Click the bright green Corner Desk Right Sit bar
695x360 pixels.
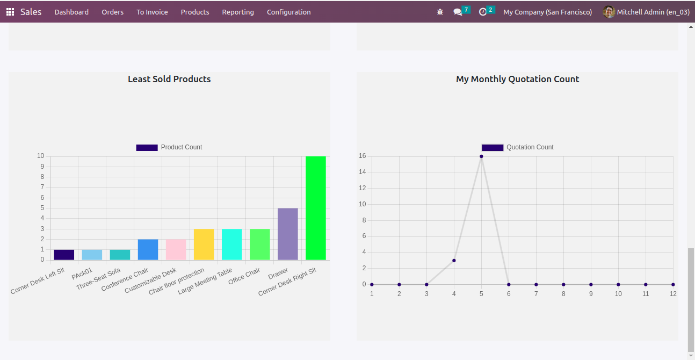(x=316, y=208)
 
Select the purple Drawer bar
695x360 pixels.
(x=288, y=234)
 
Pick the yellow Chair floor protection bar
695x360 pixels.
(x=204, y=244)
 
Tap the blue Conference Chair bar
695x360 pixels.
(x=148, y=249)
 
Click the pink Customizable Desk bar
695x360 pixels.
(x=176, y=249)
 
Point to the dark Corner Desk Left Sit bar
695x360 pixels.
(x=64, y=255)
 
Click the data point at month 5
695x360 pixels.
(x=481, y=156)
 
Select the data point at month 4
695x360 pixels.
(x=454, y=261)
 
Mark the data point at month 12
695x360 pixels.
(x=673, y=284)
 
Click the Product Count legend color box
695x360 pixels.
(x=147, y=147)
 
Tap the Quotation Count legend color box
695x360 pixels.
(x=493, y=147)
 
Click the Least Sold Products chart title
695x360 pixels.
(x=169, y=79)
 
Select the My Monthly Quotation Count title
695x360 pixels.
(x=517, y=79)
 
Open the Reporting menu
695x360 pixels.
(x=238, y=12)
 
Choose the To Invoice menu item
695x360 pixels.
(x=152, y=12)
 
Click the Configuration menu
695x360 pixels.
(x=288, y=12)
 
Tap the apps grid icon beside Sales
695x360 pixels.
(x=10, y=12)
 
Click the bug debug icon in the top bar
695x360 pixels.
(x=440, y=12)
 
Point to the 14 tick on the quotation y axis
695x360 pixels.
(x=363, y=172)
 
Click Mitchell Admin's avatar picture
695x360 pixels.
(x=609, y=12)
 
